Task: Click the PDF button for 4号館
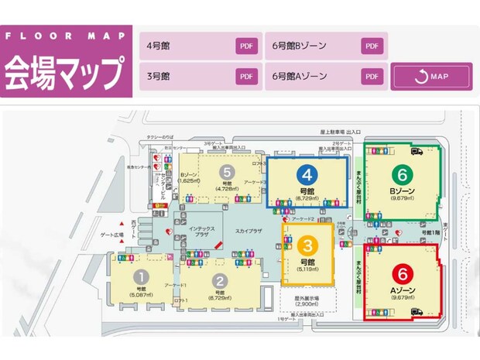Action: [x=247, y=46]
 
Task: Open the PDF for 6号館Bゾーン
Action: [x=372, y=46]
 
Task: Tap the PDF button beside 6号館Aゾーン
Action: [x=372, y=77]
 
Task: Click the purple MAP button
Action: [x=430, y=77]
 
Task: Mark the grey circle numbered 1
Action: [x=141, y=276]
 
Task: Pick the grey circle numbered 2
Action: [x=221, y=280]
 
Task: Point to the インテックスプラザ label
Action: [x=201, y=231]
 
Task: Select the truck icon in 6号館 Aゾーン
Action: [x=417, y=312]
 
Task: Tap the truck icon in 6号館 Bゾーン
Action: [x=417, y=151]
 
